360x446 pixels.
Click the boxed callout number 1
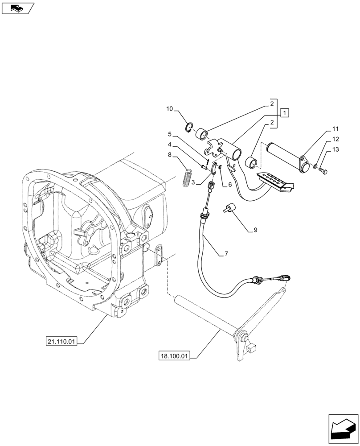coord(285,112)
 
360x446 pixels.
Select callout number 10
coord(170,108)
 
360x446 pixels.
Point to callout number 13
coord(335,149)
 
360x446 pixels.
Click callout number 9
coord(255,230)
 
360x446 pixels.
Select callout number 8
coord(170,154)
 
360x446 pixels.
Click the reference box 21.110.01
coord(61,342)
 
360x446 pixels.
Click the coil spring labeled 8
coord(188,176)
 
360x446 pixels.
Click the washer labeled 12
coord(315,167)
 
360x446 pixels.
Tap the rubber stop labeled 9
coord(230,208)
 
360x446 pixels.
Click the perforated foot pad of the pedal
coord(273,181)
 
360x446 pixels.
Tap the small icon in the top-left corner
coord(18,8)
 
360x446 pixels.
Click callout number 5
coord(170,134)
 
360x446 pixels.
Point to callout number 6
coord(229,185)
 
